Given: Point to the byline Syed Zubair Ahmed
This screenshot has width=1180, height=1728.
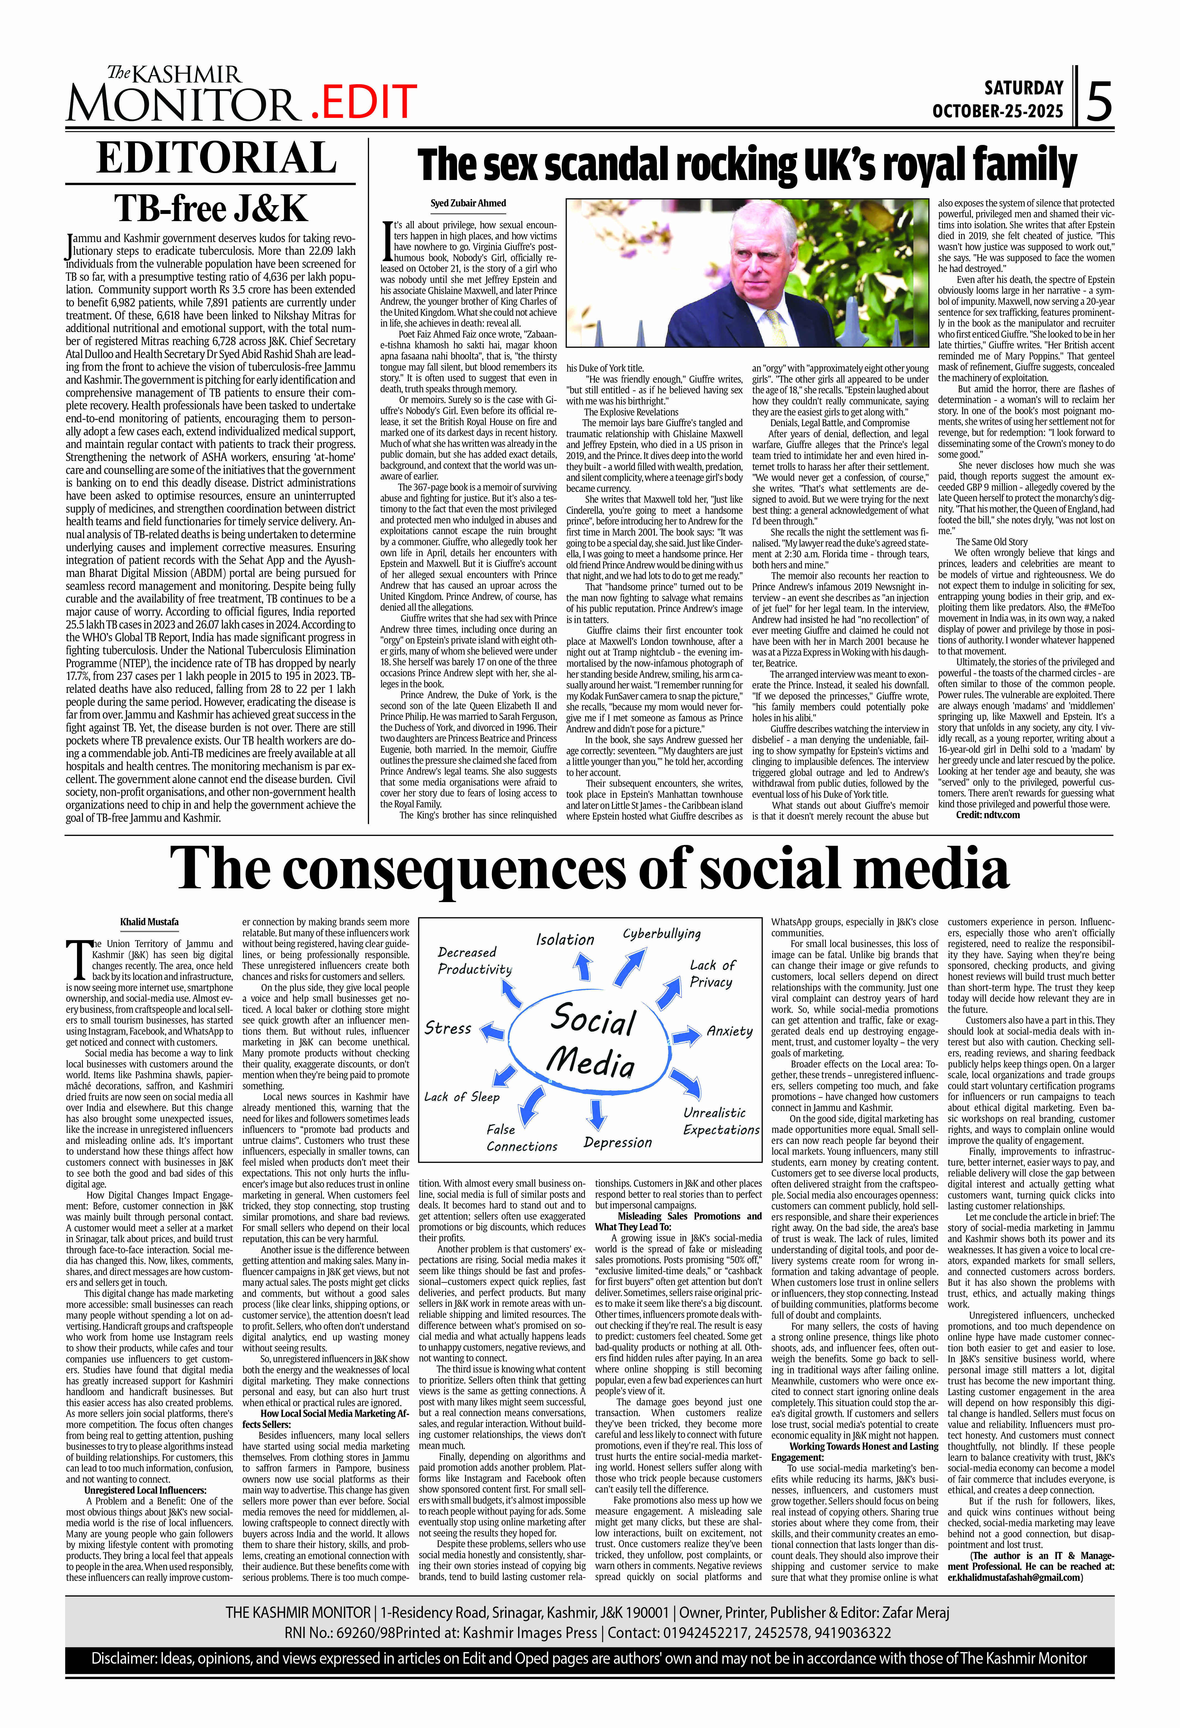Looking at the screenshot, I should pyautogui.click(x=468, y=203).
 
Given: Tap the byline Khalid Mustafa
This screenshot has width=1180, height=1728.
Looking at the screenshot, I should pyautogui.click(x=149, y=922).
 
